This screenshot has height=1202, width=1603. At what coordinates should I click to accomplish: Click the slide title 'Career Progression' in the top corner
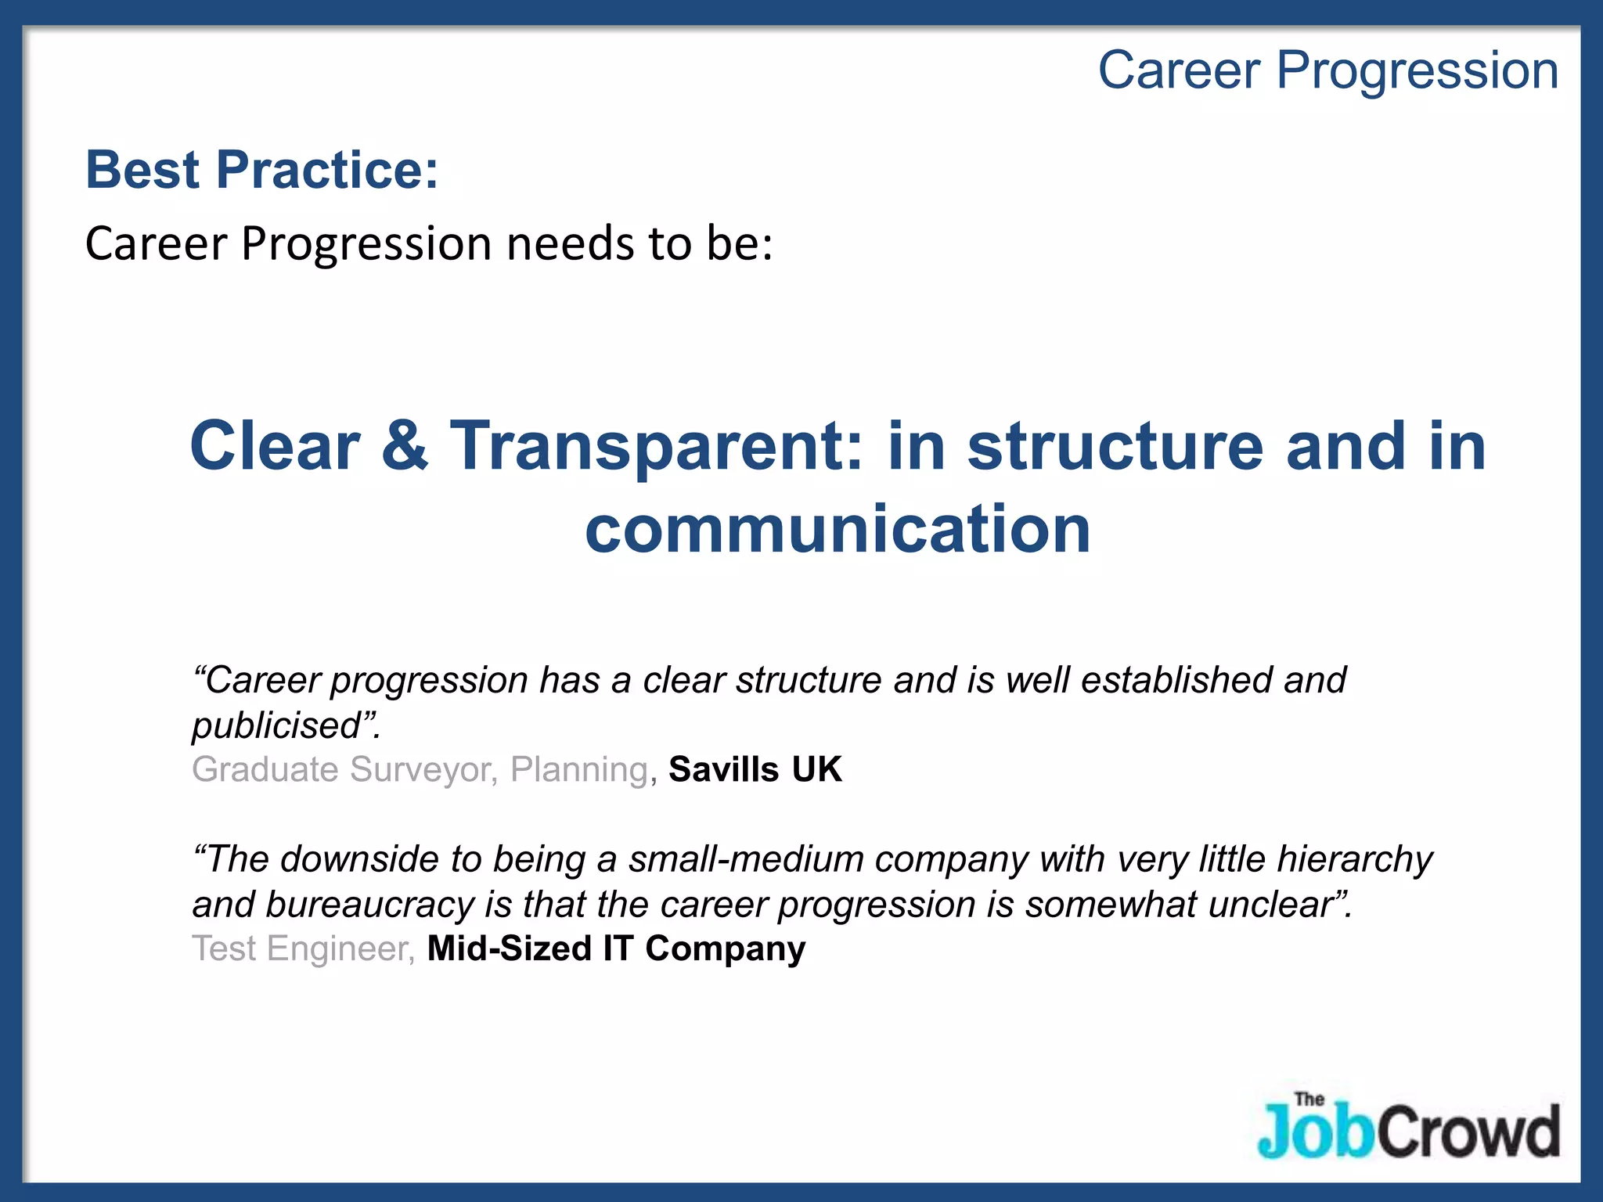click(1327, 70)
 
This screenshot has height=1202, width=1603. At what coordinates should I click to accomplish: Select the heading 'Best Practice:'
click(261, 170)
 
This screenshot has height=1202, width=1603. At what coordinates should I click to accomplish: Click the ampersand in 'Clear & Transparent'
click(405, 446)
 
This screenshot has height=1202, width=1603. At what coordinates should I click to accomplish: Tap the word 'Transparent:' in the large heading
click(656, 446)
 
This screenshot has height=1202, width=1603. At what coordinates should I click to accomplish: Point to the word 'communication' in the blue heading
click(838, 530)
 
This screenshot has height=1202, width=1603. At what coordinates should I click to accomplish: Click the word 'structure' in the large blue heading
click(1115, 446)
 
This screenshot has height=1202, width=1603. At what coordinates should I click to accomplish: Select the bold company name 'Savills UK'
click(755, 769)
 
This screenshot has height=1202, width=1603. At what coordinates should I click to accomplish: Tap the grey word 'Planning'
click(579, 769)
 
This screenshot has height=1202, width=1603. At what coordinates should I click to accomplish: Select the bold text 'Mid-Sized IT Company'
click(616, 948)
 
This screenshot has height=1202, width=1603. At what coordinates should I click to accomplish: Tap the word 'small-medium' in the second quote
click(746, 859)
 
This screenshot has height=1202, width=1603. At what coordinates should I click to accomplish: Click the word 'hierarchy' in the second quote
click(1354, 859)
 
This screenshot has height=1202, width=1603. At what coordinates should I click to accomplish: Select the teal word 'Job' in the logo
click(1315, 1133)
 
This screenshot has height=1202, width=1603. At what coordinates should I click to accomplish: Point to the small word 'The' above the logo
click(1309, 1099)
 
